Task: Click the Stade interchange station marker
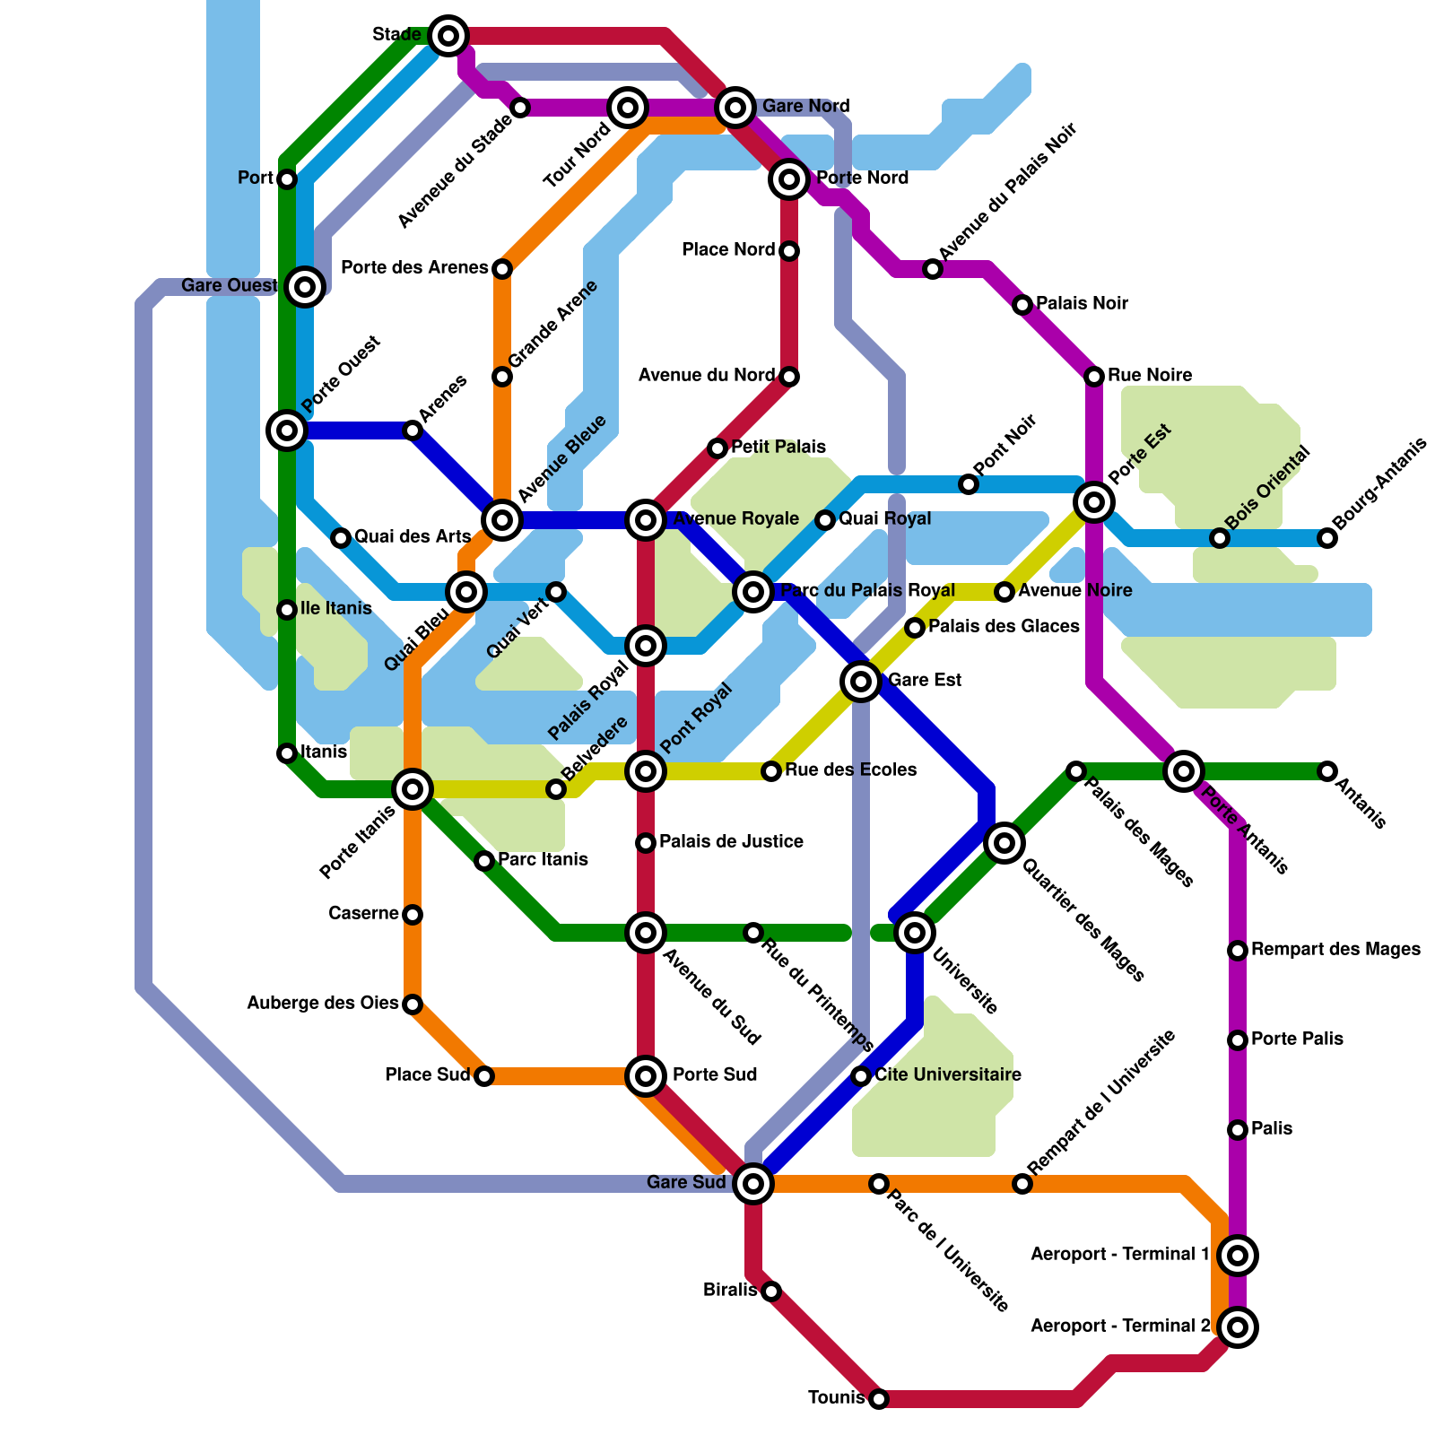[448, 36]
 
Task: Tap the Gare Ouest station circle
[305, 287]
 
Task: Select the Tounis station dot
[879, 1399]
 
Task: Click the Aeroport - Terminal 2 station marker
[1238, 1327]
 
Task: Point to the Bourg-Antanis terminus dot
[1327, 538]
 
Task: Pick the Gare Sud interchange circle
[753, 1184]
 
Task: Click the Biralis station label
[730, 1291]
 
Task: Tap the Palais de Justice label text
[731, 842]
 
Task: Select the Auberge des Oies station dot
[413, 1004]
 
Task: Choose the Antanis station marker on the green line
[1327, 771]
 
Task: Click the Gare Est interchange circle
[861, 682]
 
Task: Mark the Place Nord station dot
[789, 251]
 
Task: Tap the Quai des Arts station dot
[341, 538]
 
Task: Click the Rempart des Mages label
[1335, 950]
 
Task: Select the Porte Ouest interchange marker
[287, 430]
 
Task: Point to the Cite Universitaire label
[948, 1075]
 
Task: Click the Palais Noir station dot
[1022, 305]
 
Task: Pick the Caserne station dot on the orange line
[413, 915]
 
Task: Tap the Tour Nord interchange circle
[628, 108]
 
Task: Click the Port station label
[255, 178]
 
